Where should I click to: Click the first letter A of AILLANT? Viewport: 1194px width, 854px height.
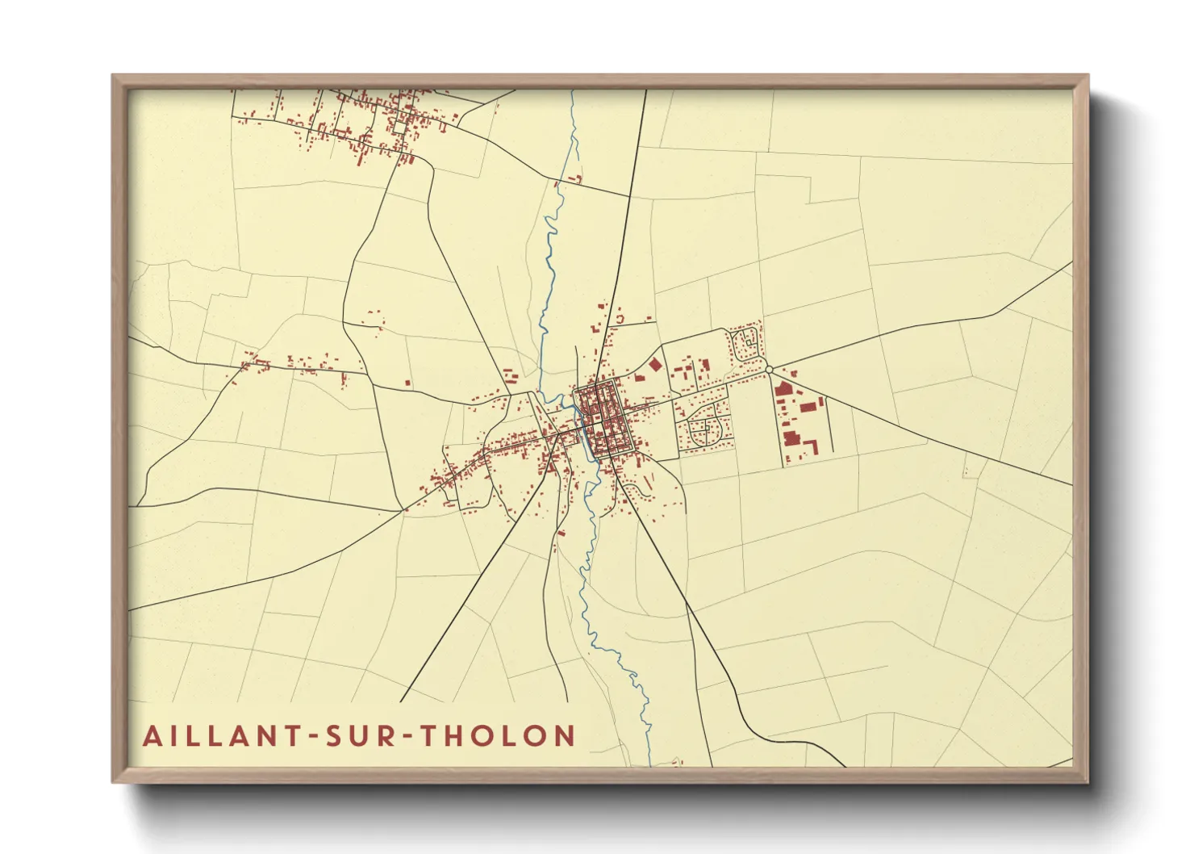point(152,736)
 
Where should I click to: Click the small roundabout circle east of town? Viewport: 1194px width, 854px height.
point(769,369)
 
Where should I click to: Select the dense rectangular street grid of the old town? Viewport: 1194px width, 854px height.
point(600,418)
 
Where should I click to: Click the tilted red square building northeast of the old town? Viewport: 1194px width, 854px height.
point(654,365)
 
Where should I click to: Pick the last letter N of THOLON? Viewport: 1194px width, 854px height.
point(565,736)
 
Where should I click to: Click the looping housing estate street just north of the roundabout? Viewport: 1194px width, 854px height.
point(746,343)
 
